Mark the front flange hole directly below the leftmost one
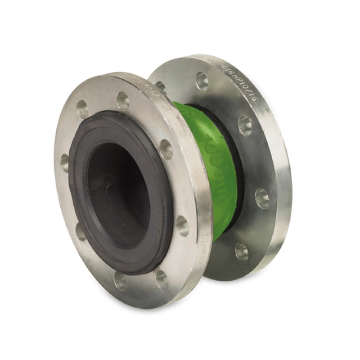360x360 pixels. pyautogui.click(x=81, y=231)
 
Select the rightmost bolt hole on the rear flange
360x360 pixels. pyautogui.click(x=262, y=198)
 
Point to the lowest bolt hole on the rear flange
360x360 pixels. pyautogui.click(x=242, y=252)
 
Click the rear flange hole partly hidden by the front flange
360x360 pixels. pyautogui.click(x=161, y=87)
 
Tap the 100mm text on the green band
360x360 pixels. pyautogui.click(x=216, y=171)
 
